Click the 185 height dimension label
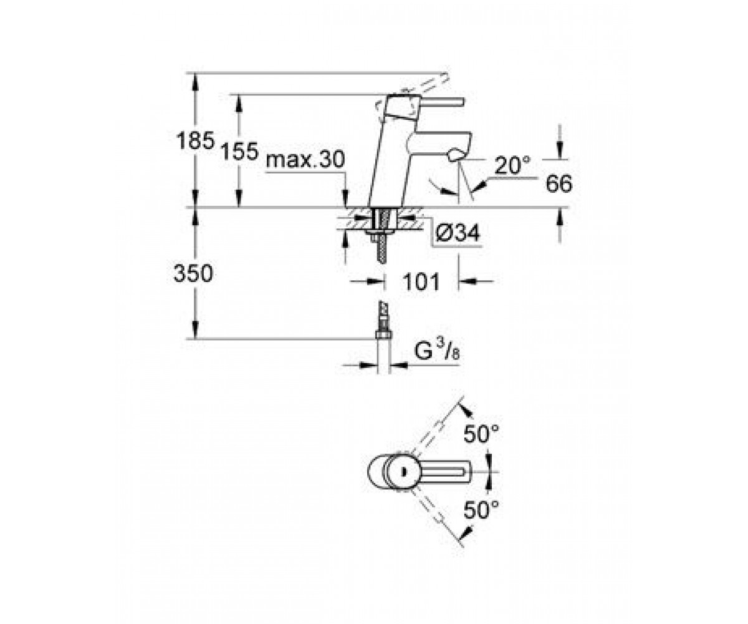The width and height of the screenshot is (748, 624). (195, 140)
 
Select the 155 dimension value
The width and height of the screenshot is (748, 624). (239, 151)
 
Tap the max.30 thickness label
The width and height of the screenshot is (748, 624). (305, 159)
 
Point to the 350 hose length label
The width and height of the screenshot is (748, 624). (193, 274)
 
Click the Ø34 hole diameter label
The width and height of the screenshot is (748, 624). (458, 233)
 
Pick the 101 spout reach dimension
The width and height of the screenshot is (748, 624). (421, 281)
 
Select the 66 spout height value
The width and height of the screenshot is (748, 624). (559, 183)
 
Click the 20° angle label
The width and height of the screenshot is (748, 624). (512, 165)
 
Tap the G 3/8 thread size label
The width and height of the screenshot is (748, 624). (437, 351)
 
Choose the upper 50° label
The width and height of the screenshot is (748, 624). (481, 435)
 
